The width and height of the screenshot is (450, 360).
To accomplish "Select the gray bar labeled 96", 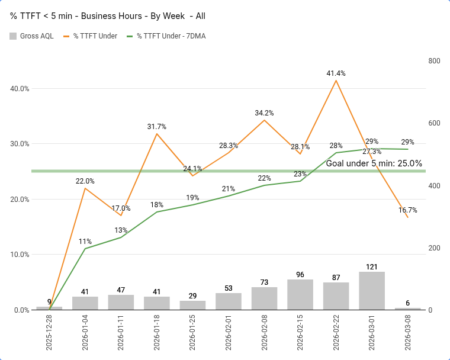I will (300, 294).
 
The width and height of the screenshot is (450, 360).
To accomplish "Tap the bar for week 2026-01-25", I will (192, 305).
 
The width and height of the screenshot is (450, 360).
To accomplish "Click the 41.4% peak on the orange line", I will (336, 80).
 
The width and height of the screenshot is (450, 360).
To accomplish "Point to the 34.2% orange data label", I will (264, 112).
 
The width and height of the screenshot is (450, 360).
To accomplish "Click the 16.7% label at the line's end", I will (408, 210).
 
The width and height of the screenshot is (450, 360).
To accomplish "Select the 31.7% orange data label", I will (157, 126).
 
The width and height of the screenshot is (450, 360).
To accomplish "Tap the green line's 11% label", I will (85, 241).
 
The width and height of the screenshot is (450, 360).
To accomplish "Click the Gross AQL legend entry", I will (32, 36).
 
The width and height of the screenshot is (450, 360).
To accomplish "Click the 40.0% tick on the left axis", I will (21, 89).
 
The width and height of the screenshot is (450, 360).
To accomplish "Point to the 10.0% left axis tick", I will (21, 255).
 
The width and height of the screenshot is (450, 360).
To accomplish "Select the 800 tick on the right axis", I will (434, 61).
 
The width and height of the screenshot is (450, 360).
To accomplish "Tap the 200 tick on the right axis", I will (434, 247).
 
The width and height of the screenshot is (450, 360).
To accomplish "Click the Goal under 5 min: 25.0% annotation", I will (374, 163).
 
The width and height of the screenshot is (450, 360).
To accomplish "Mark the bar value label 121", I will (372, 267).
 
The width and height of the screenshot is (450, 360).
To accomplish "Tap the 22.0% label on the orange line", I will (85, 181).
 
